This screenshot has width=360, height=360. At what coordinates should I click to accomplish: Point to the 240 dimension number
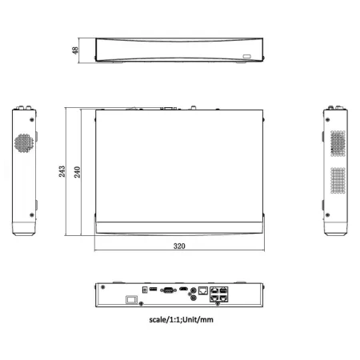click(x=78, y=170)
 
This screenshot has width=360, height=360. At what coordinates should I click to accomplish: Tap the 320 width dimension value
click(x=179, y=246)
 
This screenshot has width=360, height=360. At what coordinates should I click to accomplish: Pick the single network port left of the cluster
click(x=203, y=286)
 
